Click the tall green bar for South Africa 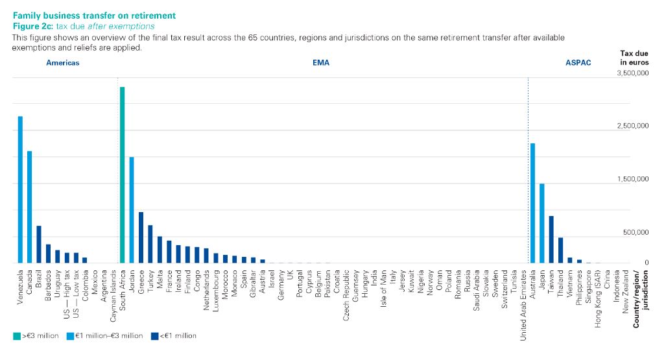click(122, 175)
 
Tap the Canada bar click(29, 207)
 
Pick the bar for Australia click(532, 203)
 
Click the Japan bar click(541, 223)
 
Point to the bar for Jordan click(132, 210)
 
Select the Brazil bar click(39, 244)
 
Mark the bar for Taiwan click(551, 239)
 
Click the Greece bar click(141, 237)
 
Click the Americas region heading click(62, 63)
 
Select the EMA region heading click(321, 63)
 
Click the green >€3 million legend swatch click(17, 336)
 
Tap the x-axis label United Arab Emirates click(523, 304)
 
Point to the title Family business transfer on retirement click(94, 15)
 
